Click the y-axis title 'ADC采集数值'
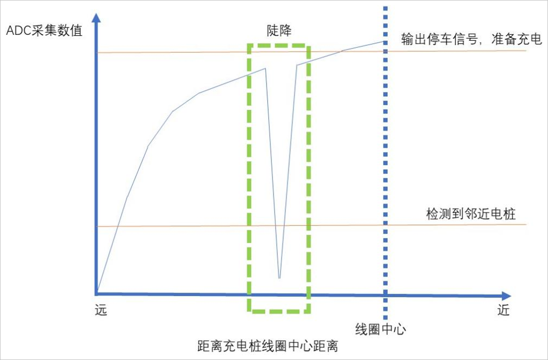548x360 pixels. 44,31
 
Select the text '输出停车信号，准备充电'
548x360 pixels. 471,40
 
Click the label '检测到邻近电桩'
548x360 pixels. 471,214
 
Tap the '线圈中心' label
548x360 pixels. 380,329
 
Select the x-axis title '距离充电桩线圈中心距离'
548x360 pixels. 267,346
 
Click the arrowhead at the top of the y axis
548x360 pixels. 97,17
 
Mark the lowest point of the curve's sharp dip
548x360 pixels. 279,278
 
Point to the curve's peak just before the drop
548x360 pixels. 266,68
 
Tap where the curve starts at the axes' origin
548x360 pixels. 98,294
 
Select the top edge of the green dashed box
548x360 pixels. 278,45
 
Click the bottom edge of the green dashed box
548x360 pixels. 278,312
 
